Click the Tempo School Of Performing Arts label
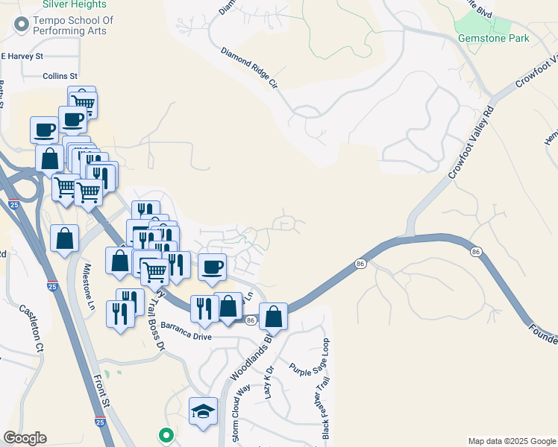tap(72, 25)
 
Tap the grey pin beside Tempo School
tap(19, 25)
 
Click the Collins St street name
tap(60, 76)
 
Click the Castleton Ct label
tap(33, 329)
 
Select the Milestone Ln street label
tap(90, 287)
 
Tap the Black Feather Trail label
tap(326, 408)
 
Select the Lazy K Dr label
tap(270, 381)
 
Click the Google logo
tap(25, 438)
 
